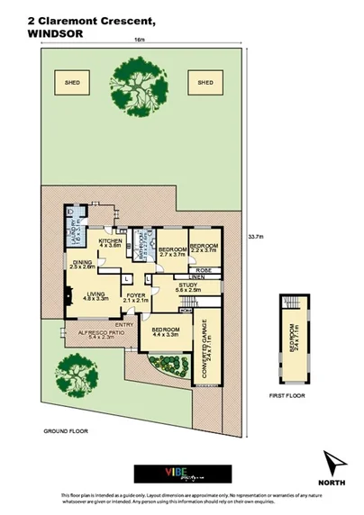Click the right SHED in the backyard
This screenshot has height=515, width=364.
pos(205,83)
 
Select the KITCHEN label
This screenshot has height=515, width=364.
pos(110,244)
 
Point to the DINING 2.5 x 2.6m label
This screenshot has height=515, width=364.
pos(82,265)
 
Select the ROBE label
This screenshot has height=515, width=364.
pos(205,268)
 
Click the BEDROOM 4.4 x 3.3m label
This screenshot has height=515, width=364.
pos(165,332)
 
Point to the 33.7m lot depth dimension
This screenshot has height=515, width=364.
pos(254,237)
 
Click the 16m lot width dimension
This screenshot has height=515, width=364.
pos(139,41)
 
